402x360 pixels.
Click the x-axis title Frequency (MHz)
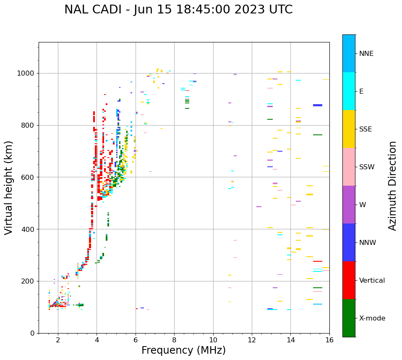click(183, 350)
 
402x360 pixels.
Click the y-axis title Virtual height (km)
click(9, 188)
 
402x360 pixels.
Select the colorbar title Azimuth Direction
click(392, 186)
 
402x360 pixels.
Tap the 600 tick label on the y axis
click(29, 177)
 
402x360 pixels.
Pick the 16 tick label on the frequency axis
click(329, 340)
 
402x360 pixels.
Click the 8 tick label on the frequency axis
click(174, 340)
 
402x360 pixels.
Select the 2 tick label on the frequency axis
click(58, 340)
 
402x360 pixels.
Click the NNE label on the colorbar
click(366, 54)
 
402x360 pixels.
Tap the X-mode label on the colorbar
click(372, 318)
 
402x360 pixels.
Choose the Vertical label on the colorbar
click(372, 281)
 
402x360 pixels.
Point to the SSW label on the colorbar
click(367, 167)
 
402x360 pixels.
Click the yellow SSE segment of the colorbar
click(349, 129)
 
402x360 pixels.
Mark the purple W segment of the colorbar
click(349, 205)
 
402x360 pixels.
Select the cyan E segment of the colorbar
click(349, 91)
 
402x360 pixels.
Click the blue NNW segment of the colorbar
click(349, 242)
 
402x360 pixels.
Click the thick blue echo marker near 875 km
click(318, 105)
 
